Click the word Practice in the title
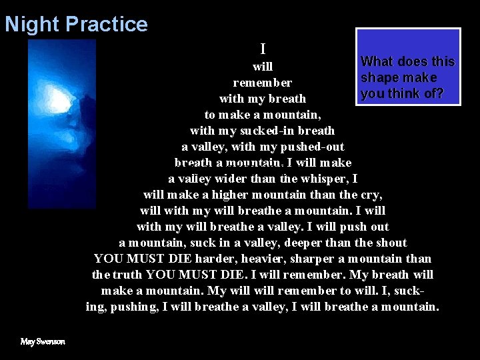[x=107, y=25]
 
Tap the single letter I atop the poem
[x=263, y=49]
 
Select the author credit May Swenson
[x=43, y=341]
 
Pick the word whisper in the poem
[x=327, y=179]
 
